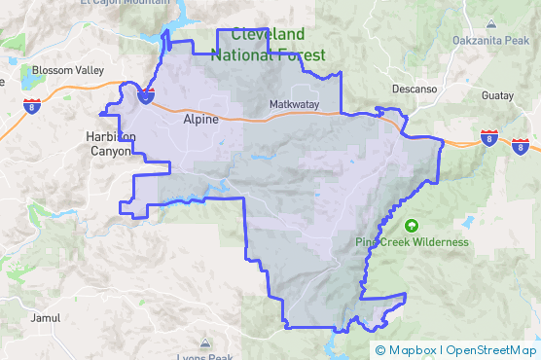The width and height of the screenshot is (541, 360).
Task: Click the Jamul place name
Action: tap(46, 318)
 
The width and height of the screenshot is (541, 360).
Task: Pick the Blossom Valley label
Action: tap(67, 71)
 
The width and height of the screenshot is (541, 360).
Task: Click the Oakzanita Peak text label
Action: tap(490, 40)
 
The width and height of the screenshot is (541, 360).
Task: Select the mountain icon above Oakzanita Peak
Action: tap(490, 25)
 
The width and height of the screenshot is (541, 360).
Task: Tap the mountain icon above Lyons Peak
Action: tap(204, 342)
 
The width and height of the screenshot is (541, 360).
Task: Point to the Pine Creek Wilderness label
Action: tap(412, 242)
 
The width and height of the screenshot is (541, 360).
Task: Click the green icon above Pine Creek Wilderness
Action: tap(412, 226)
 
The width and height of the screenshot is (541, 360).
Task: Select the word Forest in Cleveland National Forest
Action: tap(302, 55)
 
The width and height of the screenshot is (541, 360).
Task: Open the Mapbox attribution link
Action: tap(408, 350)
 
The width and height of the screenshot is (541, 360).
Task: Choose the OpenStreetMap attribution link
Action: tap(490, 350)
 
